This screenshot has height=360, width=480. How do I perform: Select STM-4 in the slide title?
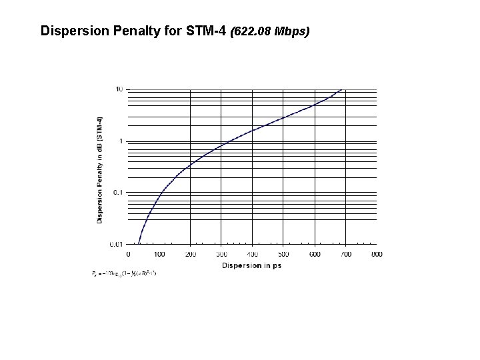207,31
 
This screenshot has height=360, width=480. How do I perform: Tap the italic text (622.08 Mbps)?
269,31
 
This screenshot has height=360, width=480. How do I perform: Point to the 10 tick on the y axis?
119,89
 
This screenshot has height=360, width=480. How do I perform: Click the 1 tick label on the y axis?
121,141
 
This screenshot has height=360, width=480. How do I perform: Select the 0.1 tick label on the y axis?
117,193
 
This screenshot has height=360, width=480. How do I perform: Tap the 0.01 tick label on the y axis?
116,245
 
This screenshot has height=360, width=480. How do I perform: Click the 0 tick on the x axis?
128,254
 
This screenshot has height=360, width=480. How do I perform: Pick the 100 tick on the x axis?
159,254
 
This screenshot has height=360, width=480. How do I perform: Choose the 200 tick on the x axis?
190,254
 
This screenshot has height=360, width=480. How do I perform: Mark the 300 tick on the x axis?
221,254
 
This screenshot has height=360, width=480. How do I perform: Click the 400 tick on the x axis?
253,254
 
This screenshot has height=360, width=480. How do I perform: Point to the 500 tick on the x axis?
283,254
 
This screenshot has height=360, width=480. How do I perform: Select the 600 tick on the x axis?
315,254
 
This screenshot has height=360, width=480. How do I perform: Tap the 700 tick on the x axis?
345,254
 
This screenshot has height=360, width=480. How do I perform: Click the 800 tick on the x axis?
377,254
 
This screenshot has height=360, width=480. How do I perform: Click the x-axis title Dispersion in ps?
252,265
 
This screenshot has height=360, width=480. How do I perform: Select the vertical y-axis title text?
100,170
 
